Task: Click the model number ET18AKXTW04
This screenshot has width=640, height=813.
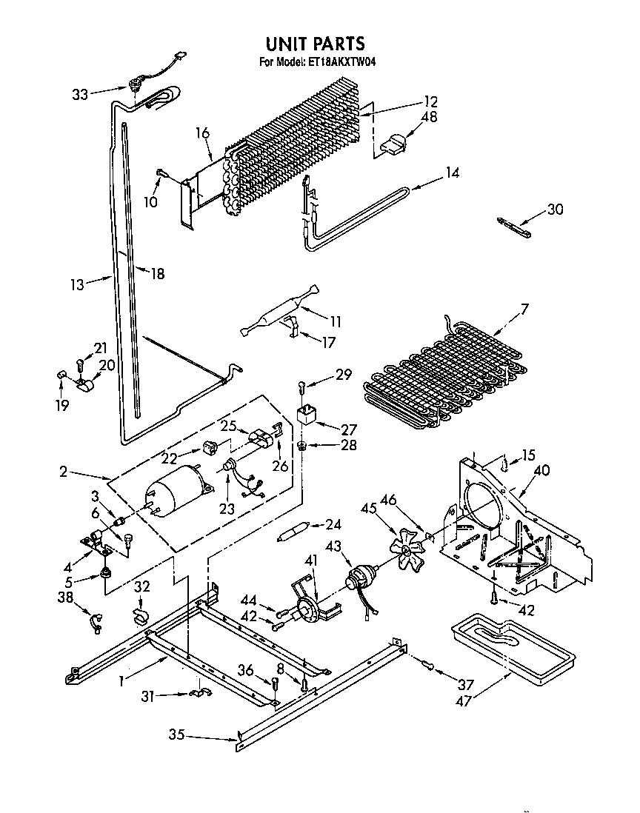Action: coord(339,63)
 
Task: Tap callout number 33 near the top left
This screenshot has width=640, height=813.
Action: coord(80,94)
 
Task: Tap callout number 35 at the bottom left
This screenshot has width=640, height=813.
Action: coord(176,736)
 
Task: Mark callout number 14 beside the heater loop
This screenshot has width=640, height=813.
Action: coord(451,173)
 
